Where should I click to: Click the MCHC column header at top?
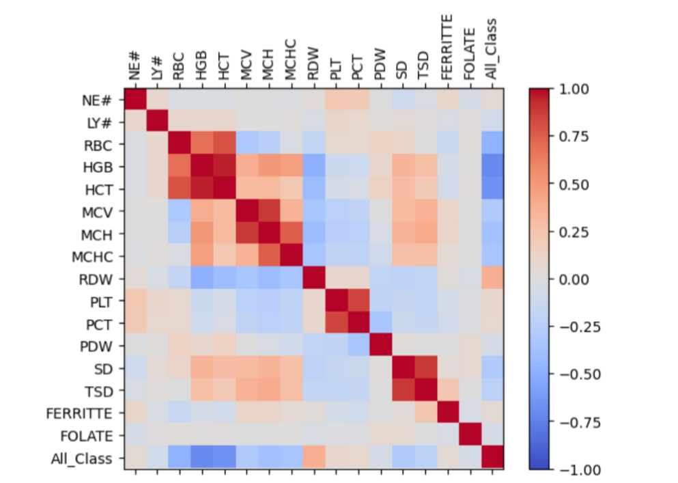tap(291, 65)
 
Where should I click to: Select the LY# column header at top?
tap(157, 70)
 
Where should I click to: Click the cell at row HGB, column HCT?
tap(224, 167)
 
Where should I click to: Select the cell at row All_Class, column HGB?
tap(202, 458)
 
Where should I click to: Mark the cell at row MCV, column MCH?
tap(269, 212)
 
